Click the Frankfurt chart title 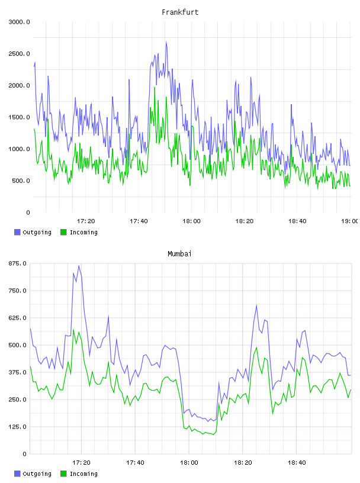click(x=180, y=12)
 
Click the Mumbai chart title click(x=179, y=253)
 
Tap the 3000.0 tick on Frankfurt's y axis click(x=19, y=22)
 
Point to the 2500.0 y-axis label click(x=19, y=54)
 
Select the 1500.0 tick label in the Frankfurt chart click(x=19, y=117)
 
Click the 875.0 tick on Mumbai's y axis click(x=17, y=263)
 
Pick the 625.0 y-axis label click(x=17, y=318)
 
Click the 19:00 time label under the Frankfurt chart click(x=350, y=221)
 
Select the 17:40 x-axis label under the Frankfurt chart click(x=139, y=221)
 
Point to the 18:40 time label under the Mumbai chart click(x=297, y=462)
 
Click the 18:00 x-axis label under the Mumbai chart click(x=189, y=462)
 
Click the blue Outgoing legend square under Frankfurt click(x=17, y=232)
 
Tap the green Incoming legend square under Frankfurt click(x=63, y=232)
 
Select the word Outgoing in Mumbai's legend click(x=37, y=474)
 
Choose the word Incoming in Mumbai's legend click(x=83, y=474)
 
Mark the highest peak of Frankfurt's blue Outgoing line click(x=166, y=41)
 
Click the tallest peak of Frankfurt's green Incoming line click(x=155, y=88)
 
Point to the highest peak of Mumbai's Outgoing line click(x=79, y=266)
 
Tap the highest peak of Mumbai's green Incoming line click(x=73, y=330)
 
